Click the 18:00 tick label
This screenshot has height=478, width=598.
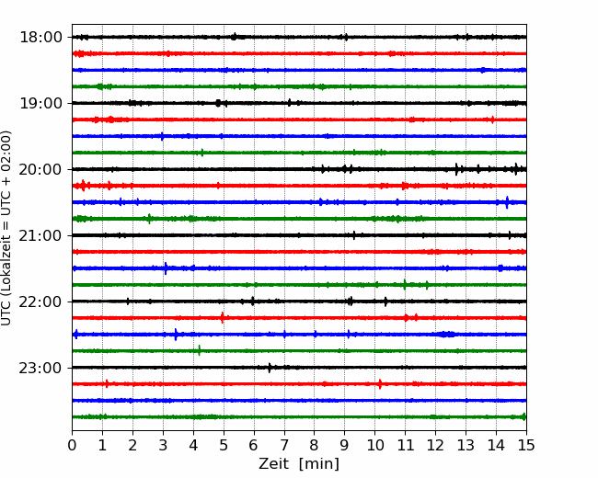click(40, 38)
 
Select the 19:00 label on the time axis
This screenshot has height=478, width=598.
click(40, 103)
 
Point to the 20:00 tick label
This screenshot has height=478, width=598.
click(40, 169)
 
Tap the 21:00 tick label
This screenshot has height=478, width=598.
click(40, 235)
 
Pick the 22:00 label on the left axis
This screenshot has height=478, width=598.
click(40, 302)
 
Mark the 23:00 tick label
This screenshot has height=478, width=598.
click(40, 368)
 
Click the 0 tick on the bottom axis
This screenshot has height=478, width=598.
click(72, 445)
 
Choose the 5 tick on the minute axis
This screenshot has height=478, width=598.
click(224, 445)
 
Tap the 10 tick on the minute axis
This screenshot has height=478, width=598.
click(374, 445)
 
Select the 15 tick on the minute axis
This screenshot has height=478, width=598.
click(526, 445)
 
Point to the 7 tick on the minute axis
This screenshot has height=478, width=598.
click(284, 445)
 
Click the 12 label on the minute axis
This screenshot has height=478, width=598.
click(435, 445)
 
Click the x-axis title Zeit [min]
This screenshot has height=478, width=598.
click(299, 464)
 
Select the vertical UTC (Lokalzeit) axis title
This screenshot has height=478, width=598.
click(6, 228)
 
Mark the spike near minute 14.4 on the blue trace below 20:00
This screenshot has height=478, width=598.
click(507, 202)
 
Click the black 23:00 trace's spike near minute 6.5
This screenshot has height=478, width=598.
click(270, 368)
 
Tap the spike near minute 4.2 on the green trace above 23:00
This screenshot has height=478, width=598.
click(199, 350)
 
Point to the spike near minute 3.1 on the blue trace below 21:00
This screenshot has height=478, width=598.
click(166, 268)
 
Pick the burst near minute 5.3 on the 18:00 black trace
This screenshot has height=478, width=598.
click(235, 37)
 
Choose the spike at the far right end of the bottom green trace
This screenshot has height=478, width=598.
click(523, 416)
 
